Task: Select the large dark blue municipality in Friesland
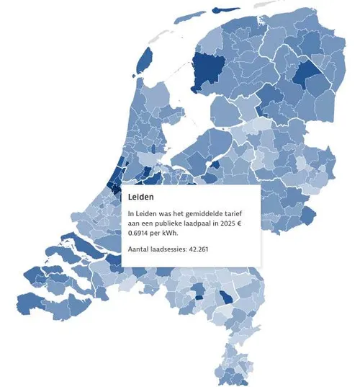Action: tap(210, 68)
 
